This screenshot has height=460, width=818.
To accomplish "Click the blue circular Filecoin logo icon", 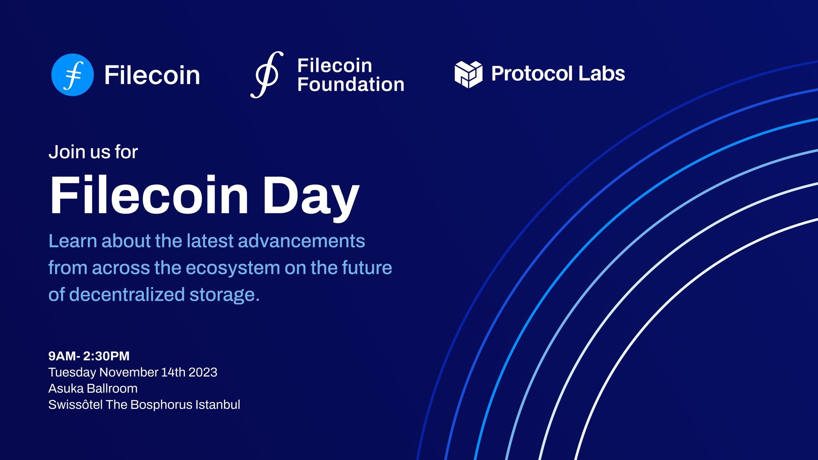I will tap(72, 75).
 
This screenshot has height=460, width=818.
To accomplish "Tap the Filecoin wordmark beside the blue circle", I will tap(152, 75).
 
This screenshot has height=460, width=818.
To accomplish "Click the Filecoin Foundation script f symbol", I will tap(267, 75).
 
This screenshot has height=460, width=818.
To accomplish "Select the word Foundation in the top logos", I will tap(351, 85).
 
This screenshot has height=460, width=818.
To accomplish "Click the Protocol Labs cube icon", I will tap(468, 74).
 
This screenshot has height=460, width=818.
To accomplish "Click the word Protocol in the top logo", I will tap(532, 73).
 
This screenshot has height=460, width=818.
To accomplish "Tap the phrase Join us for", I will tap(93, 152).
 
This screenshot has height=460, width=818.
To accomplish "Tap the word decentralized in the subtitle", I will tap(127, 295).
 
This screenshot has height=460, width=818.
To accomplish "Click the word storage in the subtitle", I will tap(224, 295).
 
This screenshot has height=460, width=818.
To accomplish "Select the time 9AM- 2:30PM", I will tap(89, 356).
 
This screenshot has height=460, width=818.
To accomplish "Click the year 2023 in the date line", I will tap(203, 372).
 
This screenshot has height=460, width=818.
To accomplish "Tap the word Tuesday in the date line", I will tap(72, 372).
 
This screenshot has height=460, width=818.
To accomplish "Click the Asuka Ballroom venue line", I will tap(93, 388).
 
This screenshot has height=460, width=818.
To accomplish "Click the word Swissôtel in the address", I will tap(75, 404).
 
